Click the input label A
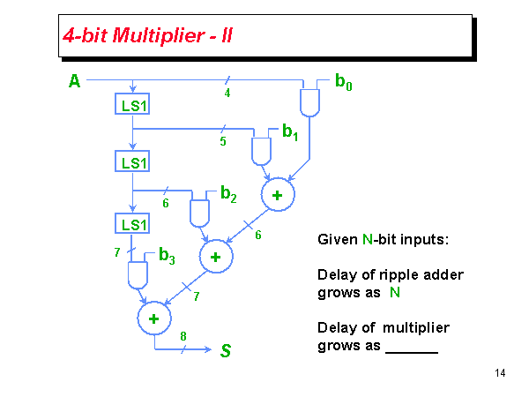(x=74, y=82)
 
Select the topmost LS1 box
(x=132, y=106)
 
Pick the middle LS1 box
(x=132, y=162)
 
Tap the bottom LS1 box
(x=132, y=225)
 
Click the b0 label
(x=344, y=82)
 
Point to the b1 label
(x=290, y=133)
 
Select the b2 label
(x=228, y=193)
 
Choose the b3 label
(x=167, y=257)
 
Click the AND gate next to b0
(x=309, y=103)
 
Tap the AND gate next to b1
(x=261, y=151)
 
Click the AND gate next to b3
(x=138, y=276)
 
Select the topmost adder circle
(x=277, y=195)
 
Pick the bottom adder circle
(x=153, y=318)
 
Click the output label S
(x=226, y=351)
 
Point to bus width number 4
(x=227, y=93)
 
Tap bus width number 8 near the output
(x=183, y=335)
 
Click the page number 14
(x=500, y=373)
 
